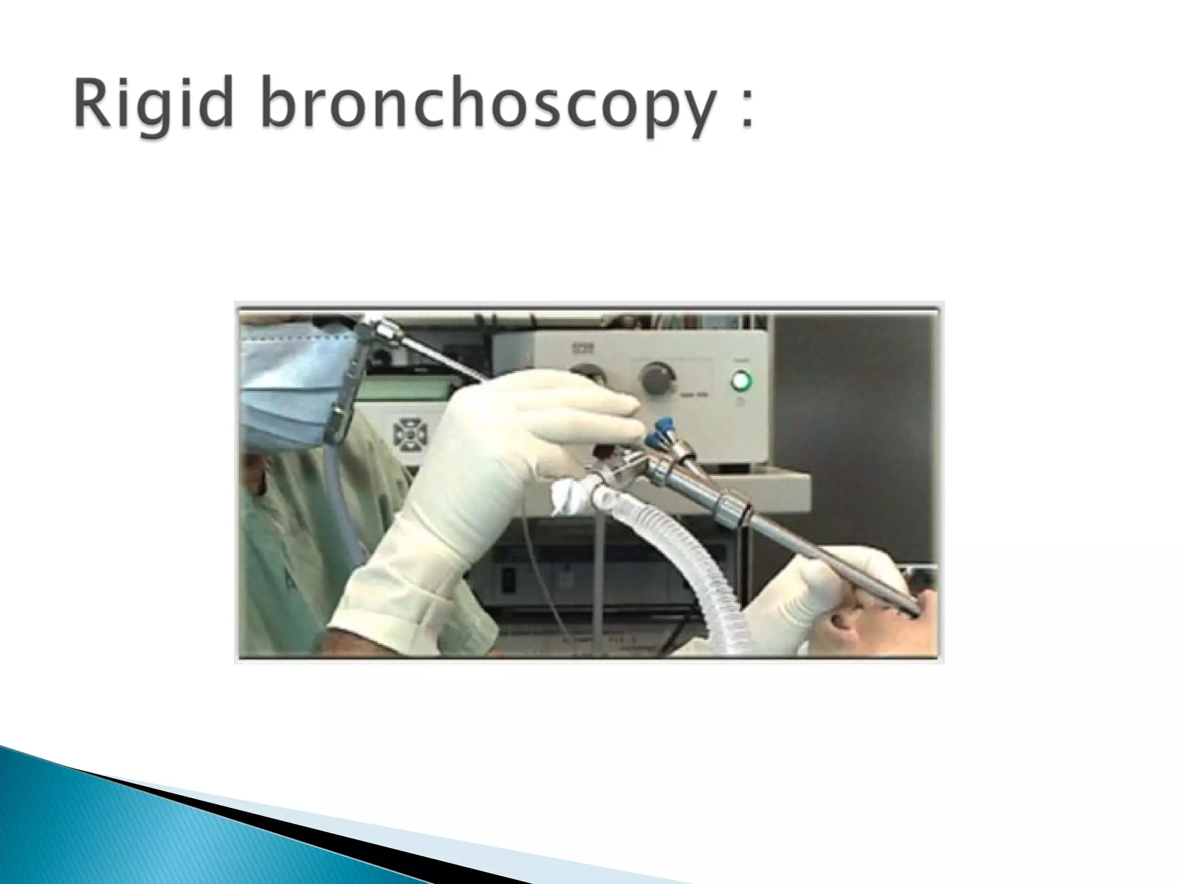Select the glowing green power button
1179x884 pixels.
coord(741,380)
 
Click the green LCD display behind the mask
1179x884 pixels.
coord(397,386)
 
